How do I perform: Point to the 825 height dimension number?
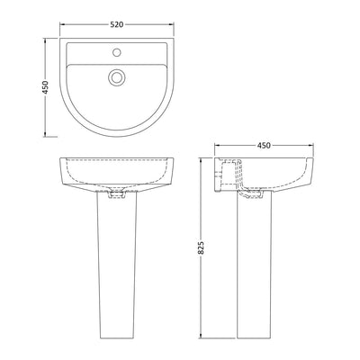(202, 247)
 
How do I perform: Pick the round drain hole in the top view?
(115, 77)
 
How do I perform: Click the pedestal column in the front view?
(115, 270)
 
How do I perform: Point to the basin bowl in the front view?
(115, 174)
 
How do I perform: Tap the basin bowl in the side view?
(283, 175)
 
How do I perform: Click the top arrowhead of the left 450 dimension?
(34, 38)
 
